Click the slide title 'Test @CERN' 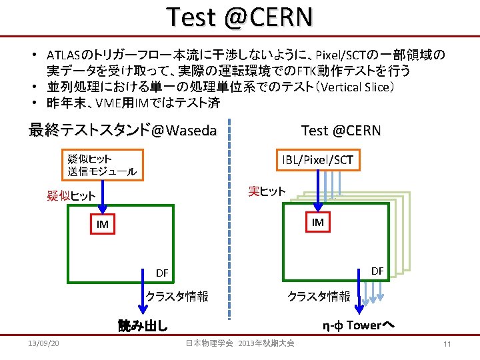click(239, 17)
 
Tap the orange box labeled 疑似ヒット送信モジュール click(102, 165)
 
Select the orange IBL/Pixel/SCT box click(317, 159)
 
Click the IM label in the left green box click(102, 225)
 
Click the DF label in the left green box click(162, 273)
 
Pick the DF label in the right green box click(377, 271)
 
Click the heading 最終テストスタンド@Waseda click(123, 130)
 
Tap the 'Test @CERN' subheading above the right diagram click(341, 130)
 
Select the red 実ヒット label click(267, 191)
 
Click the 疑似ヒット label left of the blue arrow click(71, 196)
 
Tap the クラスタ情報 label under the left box click(177, 296)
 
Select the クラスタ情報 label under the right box click(318, 296)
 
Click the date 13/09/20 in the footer click(44, 343)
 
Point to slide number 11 click(447, 343)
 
